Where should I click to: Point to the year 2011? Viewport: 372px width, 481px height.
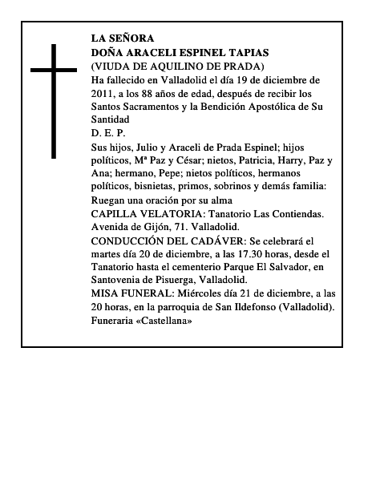[104, 93]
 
